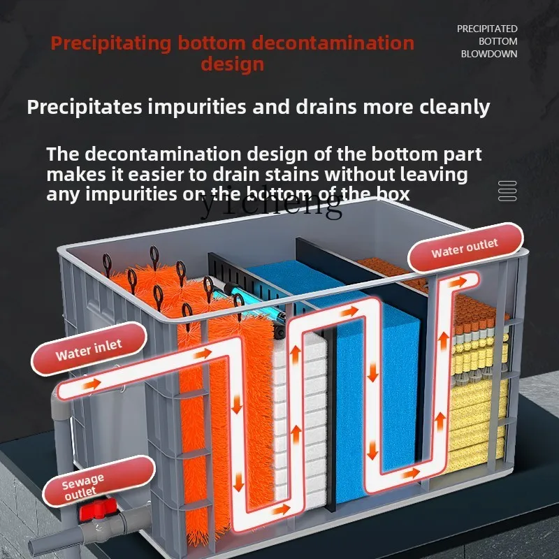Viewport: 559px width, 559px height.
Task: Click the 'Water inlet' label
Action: tap(89, 349)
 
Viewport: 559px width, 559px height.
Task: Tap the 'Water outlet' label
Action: tap(465, 247)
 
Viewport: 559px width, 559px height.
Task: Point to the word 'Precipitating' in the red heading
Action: tap(110, 43)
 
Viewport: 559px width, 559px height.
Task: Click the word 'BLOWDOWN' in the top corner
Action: tap(489, 54)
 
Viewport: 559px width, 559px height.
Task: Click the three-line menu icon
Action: tap(507, 191)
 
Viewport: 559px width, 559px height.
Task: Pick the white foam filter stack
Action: tap(307, 419)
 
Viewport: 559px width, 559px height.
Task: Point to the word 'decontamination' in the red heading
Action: tap(333, 43)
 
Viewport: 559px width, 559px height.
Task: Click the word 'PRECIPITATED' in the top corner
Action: tap(487, 29)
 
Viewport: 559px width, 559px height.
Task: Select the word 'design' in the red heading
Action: tap(232, 64)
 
